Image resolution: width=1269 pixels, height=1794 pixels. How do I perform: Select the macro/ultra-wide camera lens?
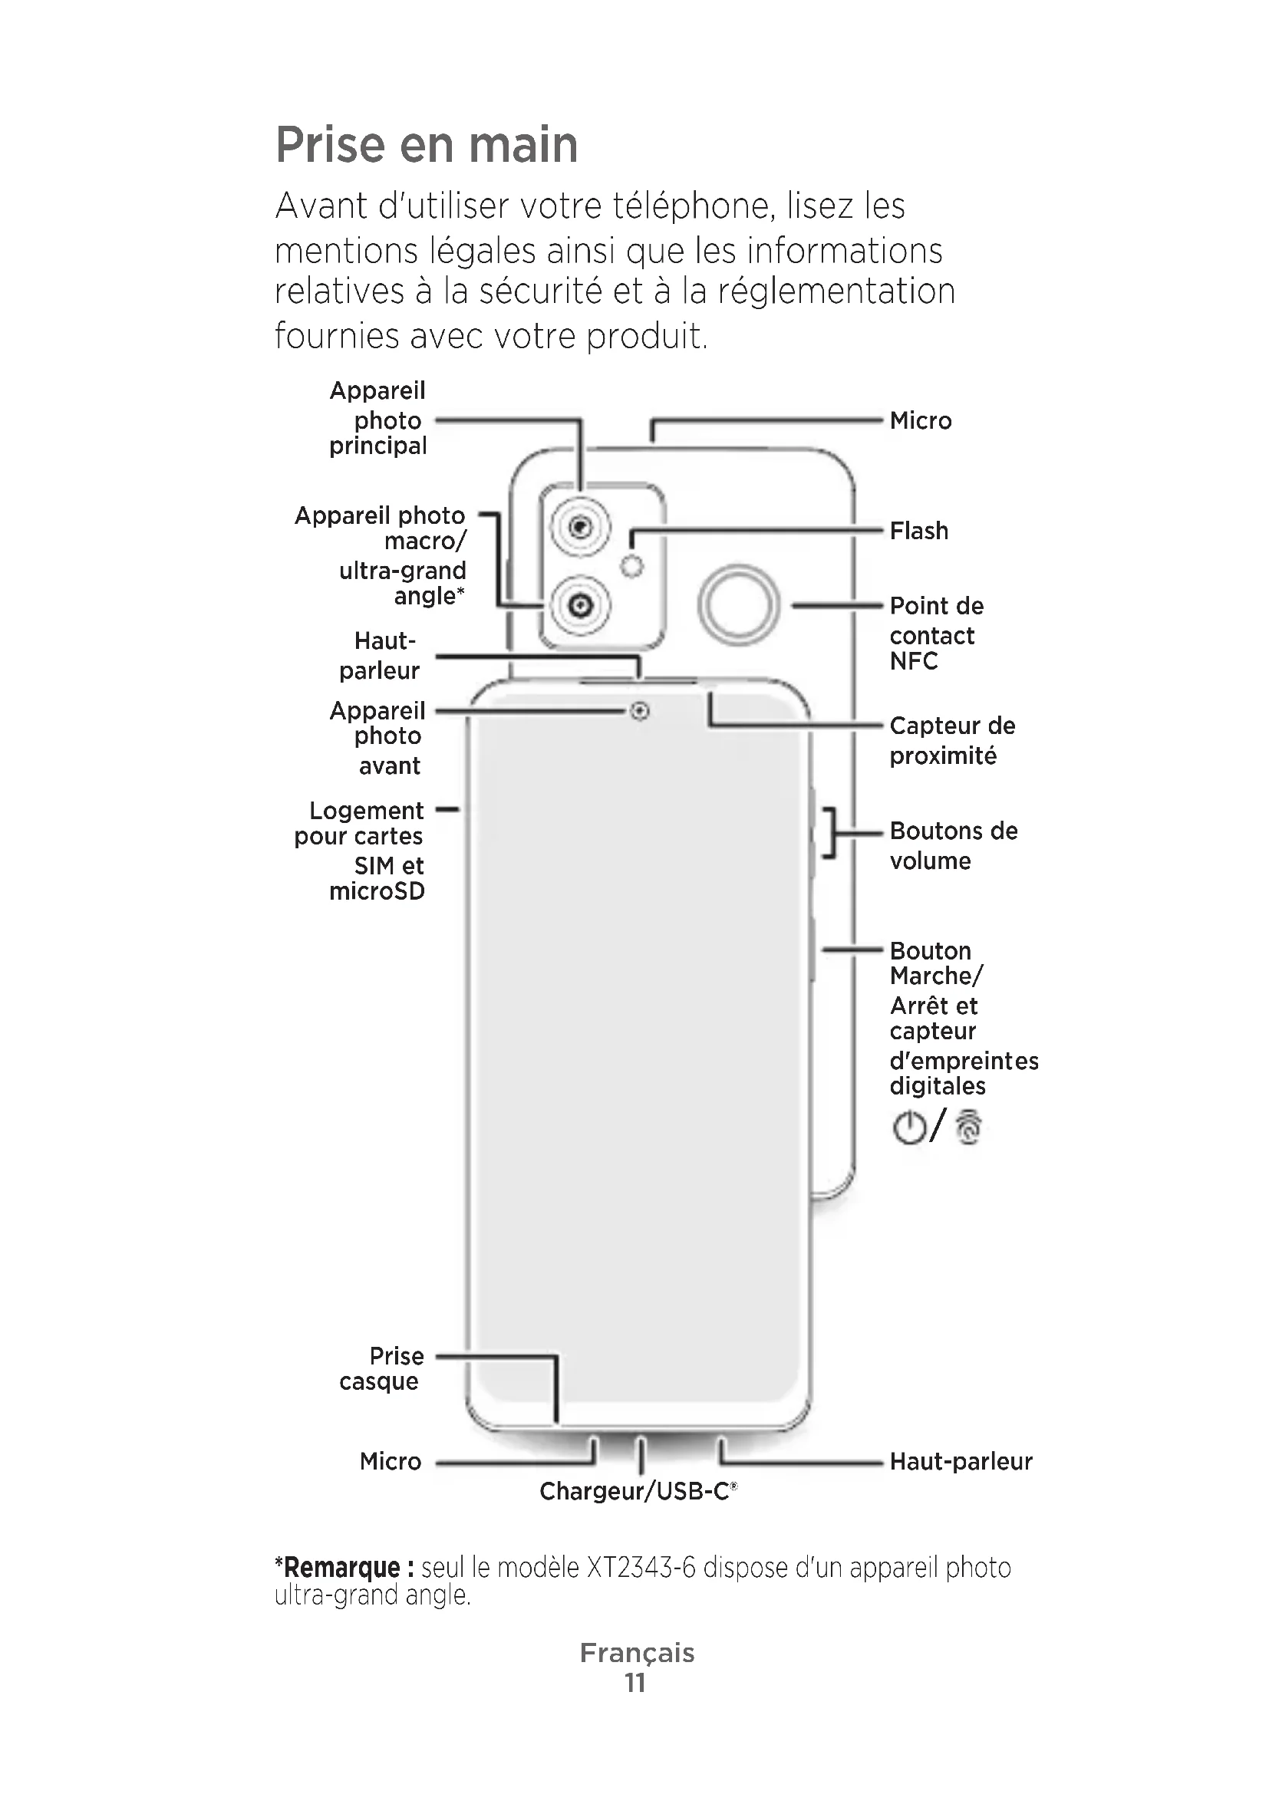580,604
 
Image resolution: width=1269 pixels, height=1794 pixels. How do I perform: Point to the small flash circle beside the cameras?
631,566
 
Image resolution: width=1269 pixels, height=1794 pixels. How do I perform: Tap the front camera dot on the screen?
640,711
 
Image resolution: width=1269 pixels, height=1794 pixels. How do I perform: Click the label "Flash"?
919,532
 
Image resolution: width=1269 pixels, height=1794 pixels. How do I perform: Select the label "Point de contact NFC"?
936,634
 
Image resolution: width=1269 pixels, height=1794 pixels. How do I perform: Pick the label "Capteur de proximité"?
951,741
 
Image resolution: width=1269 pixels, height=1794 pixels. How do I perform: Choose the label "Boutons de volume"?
954,845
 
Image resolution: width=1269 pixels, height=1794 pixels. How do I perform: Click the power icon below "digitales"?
908,1127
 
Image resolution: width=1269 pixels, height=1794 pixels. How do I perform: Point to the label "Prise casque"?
382,1368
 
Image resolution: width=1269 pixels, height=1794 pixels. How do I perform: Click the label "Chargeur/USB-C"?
637,1492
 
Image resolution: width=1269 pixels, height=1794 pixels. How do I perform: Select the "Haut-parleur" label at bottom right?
961,1461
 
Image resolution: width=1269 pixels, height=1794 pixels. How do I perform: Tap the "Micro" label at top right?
921,421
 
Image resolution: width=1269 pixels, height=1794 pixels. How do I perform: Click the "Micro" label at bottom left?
391,1461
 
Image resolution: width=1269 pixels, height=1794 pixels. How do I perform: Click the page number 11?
634,1682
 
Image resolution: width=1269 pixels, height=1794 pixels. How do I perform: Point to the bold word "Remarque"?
341,1569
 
